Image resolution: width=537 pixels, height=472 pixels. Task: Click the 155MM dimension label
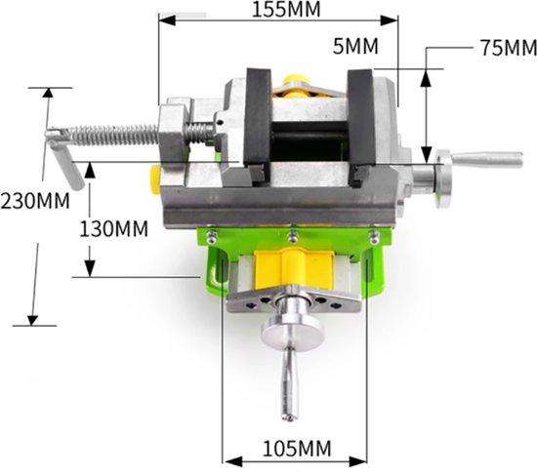coord(286,9)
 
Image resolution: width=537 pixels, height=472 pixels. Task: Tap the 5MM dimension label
coord(355,46)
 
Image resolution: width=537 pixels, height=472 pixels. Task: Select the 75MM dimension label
coord(509,48)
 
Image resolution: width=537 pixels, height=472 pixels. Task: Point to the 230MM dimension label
coord(35,201)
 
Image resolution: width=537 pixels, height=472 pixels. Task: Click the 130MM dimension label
coord(113,228)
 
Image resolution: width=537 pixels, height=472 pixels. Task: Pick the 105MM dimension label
coord(297,449)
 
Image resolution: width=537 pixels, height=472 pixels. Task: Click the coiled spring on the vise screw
coord(113,135)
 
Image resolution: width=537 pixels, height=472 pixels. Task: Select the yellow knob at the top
coord(296,85)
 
